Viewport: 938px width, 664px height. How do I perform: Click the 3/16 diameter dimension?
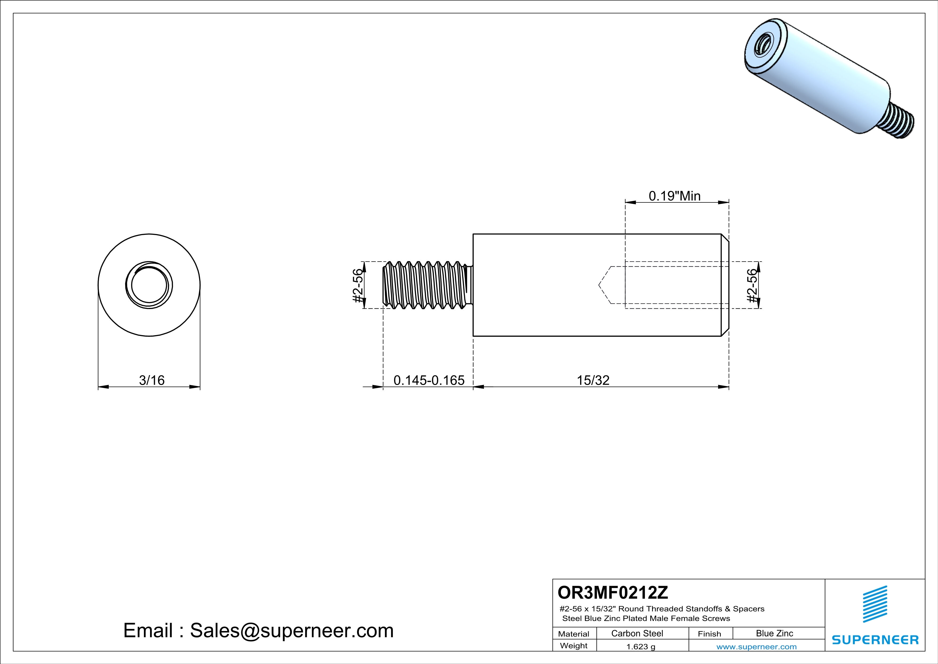pyautogui.click(x=152, y=380)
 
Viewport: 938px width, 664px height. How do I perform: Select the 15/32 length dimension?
pyautogui.click(x=593, y=380)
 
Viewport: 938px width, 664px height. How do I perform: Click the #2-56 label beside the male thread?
pyautogui.click(x=358, y=285)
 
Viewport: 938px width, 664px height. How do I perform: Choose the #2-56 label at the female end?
pyautogui.click(x=752, y=285)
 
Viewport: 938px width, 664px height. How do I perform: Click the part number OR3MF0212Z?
pyautogui.click(x=612, y=592)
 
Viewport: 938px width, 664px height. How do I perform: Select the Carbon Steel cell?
pyautogui.click(x=637, y=633)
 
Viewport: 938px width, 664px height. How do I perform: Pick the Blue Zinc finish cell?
pyautogui.click(x=774, y=633)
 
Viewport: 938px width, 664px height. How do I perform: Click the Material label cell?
pyautogui.click(x=574, y=634)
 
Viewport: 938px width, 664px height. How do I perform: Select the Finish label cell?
pyautogui.click(x=709, y=634)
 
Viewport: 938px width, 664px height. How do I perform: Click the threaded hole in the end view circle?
pyautogui.click(x=149, y=285)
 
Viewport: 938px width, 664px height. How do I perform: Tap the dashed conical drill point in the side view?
pyautogui.click(x=605, y=285)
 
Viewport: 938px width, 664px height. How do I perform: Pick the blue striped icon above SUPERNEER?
pyautogui.click(x=875, y=604)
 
